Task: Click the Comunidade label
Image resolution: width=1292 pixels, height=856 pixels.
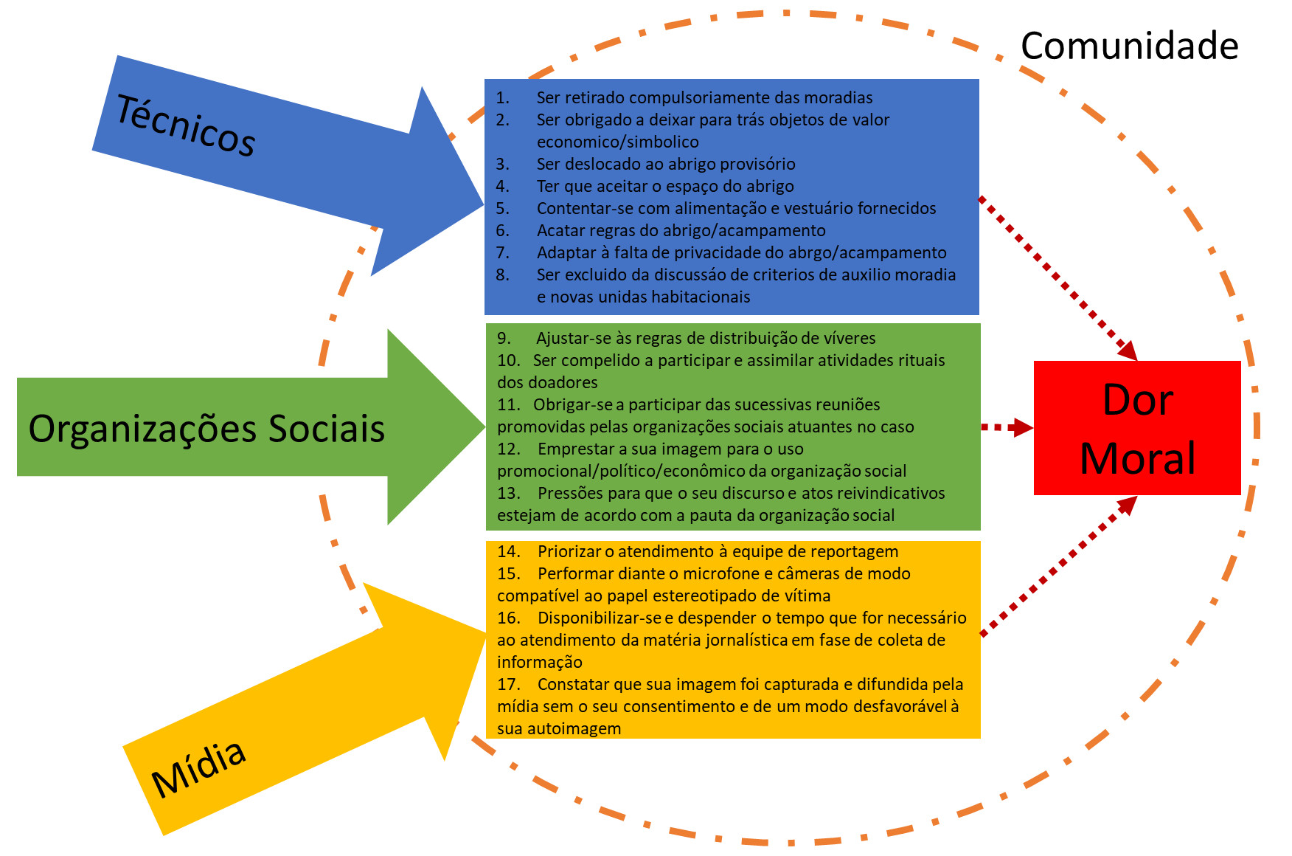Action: (x=1129, y=46)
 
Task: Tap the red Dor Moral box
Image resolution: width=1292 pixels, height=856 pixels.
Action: (x=1136, y=428)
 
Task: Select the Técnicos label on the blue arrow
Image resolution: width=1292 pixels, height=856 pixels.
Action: (x=186, y=125)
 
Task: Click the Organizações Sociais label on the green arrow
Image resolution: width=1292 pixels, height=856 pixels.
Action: (x=206, y=429)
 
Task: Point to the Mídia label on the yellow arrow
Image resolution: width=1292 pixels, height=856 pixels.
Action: (x=198, y=768)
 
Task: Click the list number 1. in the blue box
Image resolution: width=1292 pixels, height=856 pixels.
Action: (x=502, y=98)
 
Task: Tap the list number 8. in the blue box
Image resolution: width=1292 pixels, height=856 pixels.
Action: (x=502, y=275)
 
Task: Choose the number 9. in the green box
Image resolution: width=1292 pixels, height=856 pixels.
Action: (x=504, y=339)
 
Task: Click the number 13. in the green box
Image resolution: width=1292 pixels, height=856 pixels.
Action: (x=508, y=494)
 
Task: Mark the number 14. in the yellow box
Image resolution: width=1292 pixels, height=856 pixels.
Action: (x=508, y=552)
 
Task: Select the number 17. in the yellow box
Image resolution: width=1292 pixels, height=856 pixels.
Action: (x=508, y=685)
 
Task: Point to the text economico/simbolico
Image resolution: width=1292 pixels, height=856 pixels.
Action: (x=617, y=142)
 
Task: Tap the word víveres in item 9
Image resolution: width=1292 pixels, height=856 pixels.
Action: (x=848, y=339)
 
